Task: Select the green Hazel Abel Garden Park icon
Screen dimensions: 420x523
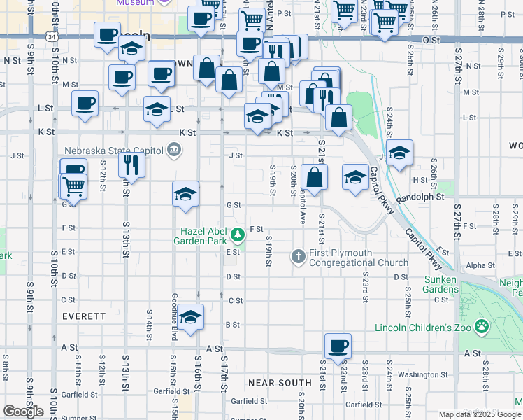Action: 238,233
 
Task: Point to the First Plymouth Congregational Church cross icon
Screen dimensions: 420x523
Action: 299,257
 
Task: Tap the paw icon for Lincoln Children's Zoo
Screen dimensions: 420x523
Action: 482,326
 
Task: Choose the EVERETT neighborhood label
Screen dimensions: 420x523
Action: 84,316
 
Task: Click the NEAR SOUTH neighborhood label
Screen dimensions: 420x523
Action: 280,383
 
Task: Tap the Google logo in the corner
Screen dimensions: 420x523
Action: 23,412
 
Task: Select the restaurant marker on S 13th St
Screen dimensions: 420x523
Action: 130,164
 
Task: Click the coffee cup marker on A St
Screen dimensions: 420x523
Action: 338,346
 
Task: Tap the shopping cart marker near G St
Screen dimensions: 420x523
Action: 73,186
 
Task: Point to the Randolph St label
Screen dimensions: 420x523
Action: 420,198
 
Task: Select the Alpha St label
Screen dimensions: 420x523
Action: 480,266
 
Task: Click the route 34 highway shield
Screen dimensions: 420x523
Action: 52,35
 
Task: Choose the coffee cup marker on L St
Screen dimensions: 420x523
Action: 86,104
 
